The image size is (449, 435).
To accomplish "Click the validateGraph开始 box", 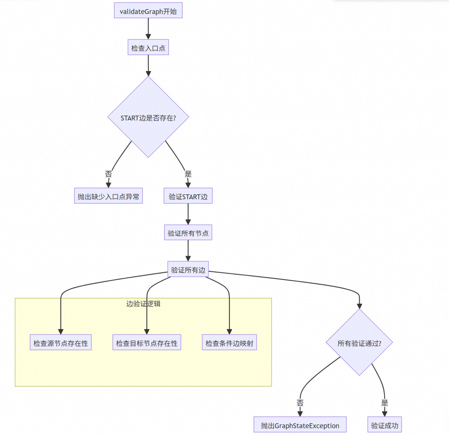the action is click(x=148, y=10).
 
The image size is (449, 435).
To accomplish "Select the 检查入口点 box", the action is click(x=148, y=47).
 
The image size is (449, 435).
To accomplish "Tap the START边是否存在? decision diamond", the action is click(x=148, y=117).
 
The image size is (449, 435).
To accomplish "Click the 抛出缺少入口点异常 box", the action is click(x=108, y=196).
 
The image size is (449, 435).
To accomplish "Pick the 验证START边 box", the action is click(x=188, y=196).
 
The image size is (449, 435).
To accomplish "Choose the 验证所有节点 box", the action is click(x=188, y=232).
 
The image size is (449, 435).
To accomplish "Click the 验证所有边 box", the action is click(x=188, y=269).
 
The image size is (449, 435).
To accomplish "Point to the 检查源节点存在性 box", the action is click(x=61, y=342).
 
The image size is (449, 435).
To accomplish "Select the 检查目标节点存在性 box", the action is click(x=147, y=342).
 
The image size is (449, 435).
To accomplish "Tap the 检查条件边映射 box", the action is click(x=229, y=342).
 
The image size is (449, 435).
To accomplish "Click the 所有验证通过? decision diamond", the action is click(x=359, y=342).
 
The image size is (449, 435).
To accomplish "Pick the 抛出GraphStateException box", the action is click(x=300, y=425).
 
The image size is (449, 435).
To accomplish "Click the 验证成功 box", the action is click(x=385, y=425).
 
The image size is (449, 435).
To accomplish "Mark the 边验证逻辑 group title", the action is click(x=143, y=304).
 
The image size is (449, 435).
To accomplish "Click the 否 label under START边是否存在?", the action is click(x=108, y=174).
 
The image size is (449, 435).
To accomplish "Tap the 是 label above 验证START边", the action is click(x=188, y=174).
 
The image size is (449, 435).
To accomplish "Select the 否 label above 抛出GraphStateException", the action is click(x=300, y=403).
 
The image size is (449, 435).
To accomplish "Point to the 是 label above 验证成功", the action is click(x=385, y=403).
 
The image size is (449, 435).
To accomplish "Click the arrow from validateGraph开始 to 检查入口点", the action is click(x=148, y=29).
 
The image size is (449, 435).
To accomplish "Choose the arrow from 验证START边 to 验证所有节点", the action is click(x=188, y=214).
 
